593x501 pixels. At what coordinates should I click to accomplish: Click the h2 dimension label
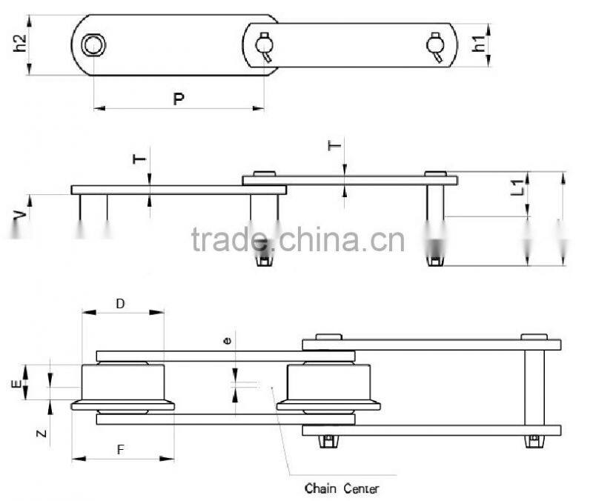20,44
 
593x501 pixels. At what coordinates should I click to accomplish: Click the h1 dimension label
479,44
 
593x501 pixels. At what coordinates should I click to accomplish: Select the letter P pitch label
179,99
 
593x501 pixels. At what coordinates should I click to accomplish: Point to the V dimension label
21,215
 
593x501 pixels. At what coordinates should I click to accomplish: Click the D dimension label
120,304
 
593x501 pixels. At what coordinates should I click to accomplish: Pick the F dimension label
120,450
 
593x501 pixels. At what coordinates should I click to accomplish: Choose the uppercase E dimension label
16,384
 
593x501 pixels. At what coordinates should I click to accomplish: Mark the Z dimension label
42,434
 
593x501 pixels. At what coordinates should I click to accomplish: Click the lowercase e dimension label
228,341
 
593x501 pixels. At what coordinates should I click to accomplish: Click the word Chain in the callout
320,488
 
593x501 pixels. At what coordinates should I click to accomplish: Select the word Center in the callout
361,489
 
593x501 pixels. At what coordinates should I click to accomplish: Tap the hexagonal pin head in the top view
93,45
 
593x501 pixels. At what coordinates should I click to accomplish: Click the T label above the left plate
139,159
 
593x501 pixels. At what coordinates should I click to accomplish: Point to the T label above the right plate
334,145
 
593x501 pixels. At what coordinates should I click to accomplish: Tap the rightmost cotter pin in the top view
435,47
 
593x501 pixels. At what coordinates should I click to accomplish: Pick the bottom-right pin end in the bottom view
533,441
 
